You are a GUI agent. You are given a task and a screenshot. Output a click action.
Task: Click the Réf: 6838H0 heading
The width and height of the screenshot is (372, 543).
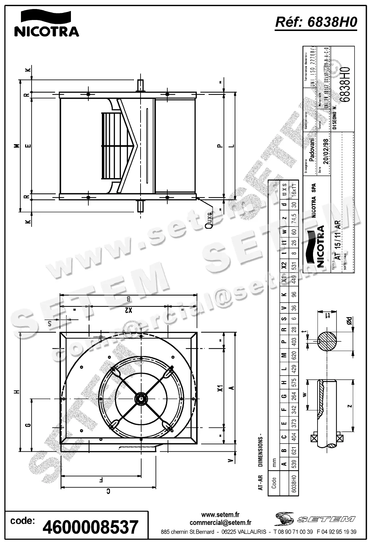[x=316, y=23]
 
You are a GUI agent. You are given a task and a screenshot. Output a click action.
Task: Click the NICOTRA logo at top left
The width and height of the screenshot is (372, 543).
[x=46, y=23]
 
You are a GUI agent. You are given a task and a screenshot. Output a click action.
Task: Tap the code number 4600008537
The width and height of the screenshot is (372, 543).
[x=91, y=527]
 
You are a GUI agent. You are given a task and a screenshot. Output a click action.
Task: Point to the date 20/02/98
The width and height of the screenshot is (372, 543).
[x=326, y=152]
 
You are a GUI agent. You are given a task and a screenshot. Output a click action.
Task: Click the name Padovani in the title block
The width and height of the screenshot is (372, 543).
[x=311, y=149]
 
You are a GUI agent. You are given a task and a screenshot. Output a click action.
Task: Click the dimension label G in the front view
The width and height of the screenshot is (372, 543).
[x=28, y=425]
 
